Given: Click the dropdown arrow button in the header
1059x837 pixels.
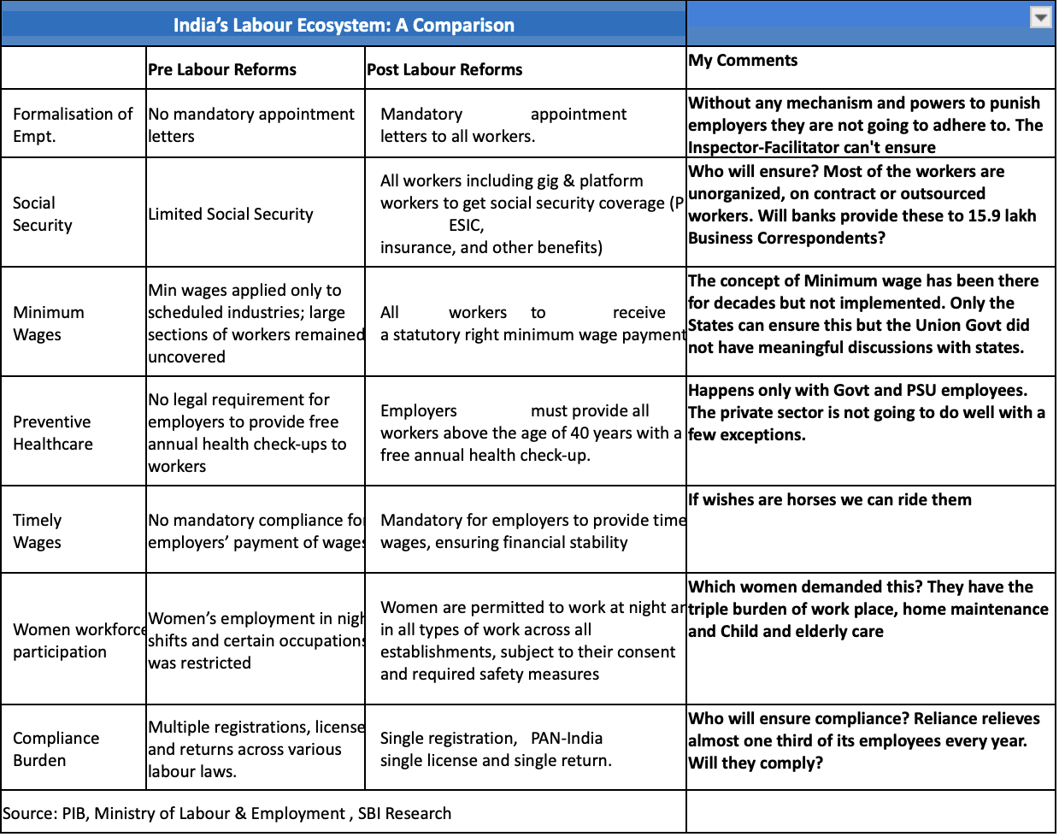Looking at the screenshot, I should click(1040, 18).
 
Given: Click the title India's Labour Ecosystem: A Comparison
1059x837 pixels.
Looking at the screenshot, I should click(344, 25).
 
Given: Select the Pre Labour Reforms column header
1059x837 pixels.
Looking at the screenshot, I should click(222, 69).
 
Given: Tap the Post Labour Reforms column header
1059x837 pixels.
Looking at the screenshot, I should click(444, 69).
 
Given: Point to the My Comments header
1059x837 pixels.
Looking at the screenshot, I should click(743, 60).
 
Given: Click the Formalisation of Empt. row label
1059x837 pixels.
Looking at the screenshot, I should click(73, 125).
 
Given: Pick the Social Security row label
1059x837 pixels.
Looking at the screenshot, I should click(43, 214).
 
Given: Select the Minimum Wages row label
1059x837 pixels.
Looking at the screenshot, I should click(49, 323).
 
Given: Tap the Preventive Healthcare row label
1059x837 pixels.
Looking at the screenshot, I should click(53, 433).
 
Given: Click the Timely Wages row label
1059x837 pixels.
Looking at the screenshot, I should click(38, 531).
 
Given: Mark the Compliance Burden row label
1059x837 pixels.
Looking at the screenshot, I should click(56, 749).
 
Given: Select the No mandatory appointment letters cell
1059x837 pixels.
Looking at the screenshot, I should click(250, 125).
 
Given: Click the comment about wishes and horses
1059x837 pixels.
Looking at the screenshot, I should click(829, 499).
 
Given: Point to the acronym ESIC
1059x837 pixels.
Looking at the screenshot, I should click(467, 226).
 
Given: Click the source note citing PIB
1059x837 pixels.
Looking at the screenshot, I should click(227, 813).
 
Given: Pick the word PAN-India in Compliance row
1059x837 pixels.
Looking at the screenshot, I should click(567, 738).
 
